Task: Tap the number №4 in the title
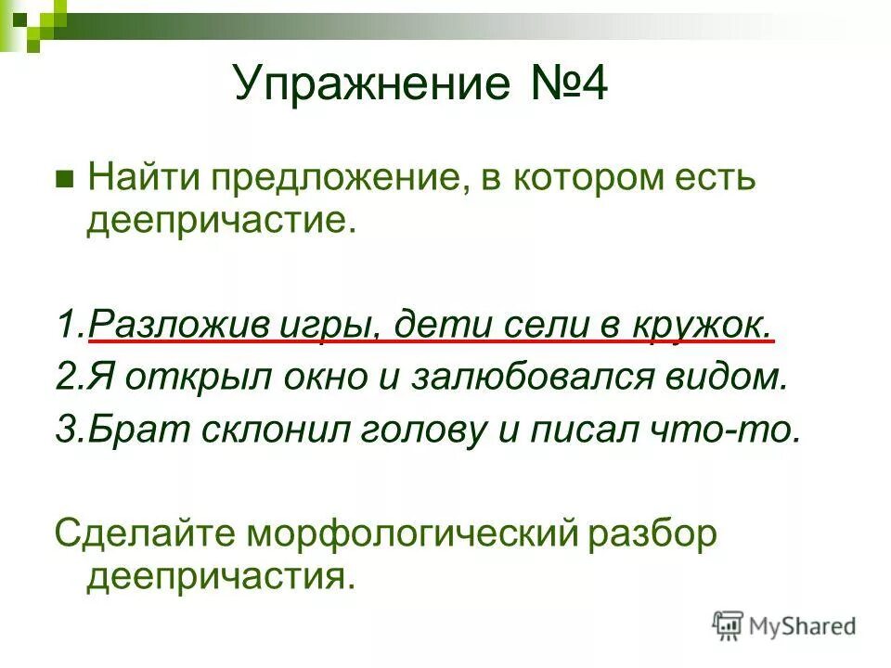[563, 85]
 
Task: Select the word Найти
[138, 178]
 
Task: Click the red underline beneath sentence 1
[431, 342]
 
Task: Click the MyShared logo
[783, 625]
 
